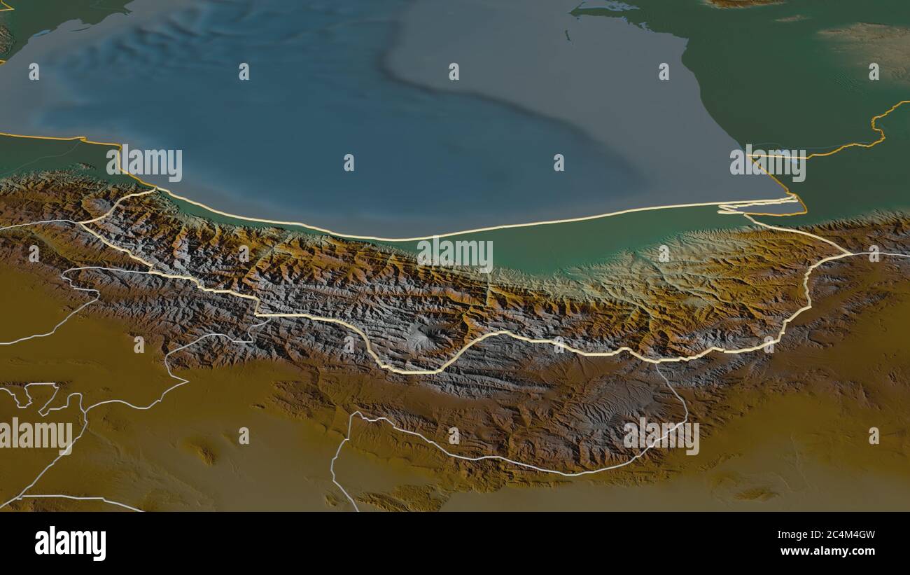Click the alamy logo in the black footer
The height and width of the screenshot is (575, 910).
(x=70, y=543)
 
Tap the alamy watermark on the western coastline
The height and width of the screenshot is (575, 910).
(x=144, y=163)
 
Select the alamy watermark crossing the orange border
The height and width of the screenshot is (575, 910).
(x=768, y=163)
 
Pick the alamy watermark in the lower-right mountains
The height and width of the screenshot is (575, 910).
(x=661, y=437)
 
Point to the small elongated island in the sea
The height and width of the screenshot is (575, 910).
(x=565, y=33)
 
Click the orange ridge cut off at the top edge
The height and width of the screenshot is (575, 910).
(x=742, y=4)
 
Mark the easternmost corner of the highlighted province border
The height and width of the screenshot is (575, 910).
(x=850, y=254)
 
